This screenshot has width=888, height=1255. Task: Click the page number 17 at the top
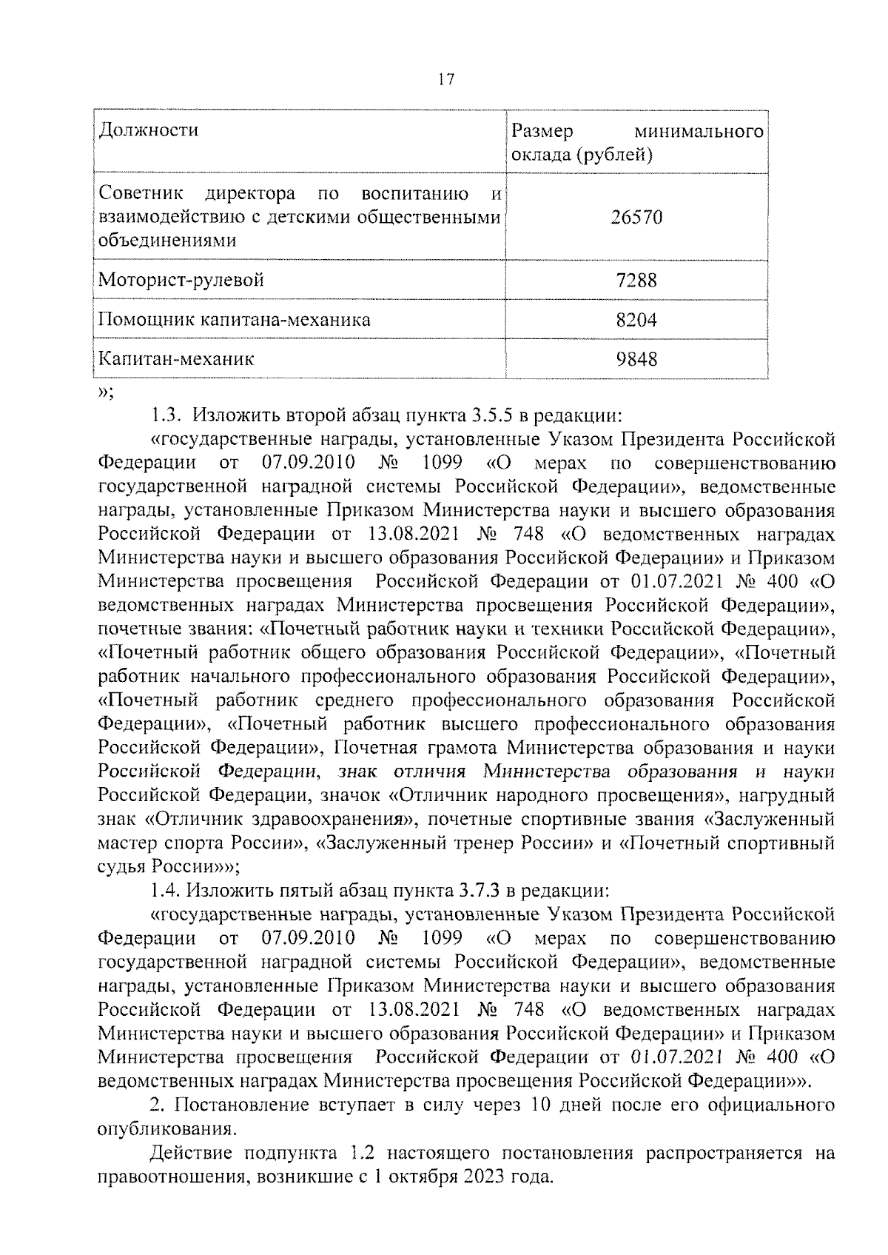(x=445, y=80)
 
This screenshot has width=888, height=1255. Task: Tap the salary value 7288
(x=636, y=281)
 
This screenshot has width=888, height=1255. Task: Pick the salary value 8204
(x=636, y=320)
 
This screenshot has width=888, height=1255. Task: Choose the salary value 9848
(x=636, y=360)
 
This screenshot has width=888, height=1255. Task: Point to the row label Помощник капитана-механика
(x=235, y=320)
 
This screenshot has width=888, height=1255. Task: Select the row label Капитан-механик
(x=176, y=359)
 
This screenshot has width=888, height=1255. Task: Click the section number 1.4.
(x=162, y=891)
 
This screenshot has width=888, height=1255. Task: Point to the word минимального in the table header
(x=699, y=132)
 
